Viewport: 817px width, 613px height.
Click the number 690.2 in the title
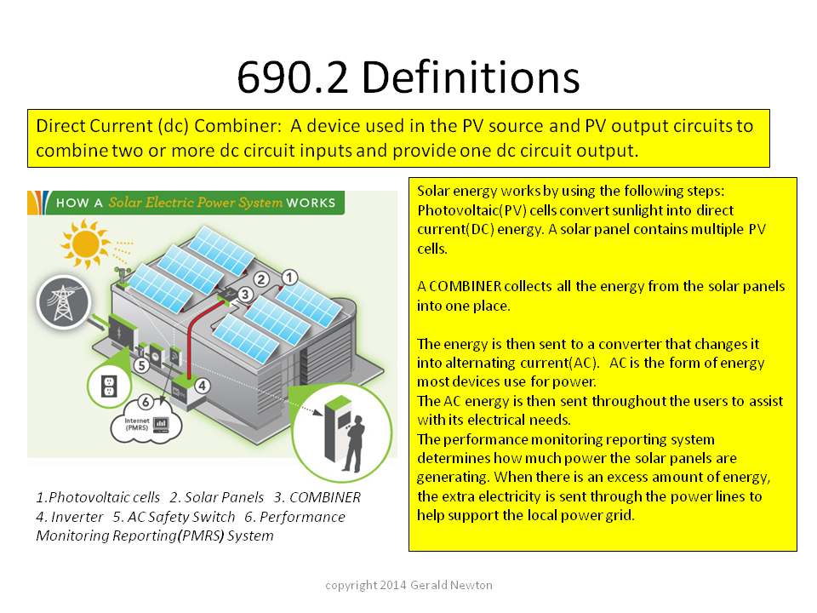(x=292, y=77)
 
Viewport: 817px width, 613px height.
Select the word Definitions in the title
(x=471, y=77)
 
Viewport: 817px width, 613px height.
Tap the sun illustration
(x=85, y=243)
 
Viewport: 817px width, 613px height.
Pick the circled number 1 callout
(x=289, y=277)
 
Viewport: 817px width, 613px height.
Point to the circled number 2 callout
(x=261, y=279)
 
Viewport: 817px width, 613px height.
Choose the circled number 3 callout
(x=245, y=295)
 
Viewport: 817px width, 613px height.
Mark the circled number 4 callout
(x=203, y=386)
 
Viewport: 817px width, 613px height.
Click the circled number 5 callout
(x=141, y=365)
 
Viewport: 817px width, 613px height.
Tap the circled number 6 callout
(x=146, y=402)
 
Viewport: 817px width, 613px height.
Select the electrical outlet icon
(x=109, y=387)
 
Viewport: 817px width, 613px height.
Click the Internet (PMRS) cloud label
(x=137, y=424)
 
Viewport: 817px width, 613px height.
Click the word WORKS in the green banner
(x=311, y=203)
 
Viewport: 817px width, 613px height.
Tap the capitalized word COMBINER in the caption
(x=324, y=497)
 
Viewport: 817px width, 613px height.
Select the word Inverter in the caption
(x=77, y=517)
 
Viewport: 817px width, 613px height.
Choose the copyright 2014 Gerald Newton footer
(x=408, y=585)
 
